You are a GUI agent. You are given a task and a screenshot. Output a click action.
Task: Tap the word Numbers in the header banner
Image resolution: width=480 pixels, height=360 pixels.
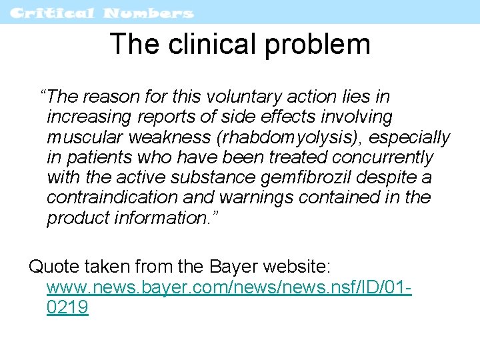(149, 13)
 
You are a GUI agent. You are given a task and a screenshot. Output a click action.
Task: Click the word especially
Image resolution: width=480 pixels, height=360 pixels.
(409, 137)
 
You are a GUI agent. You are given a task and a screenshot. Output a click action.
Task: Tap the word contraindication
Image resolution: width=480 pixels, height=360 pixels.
(112, 198)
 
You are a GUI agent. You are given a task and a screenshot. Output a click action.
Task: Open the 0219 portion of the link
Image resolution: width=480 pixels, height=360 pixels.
(67, 308)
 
